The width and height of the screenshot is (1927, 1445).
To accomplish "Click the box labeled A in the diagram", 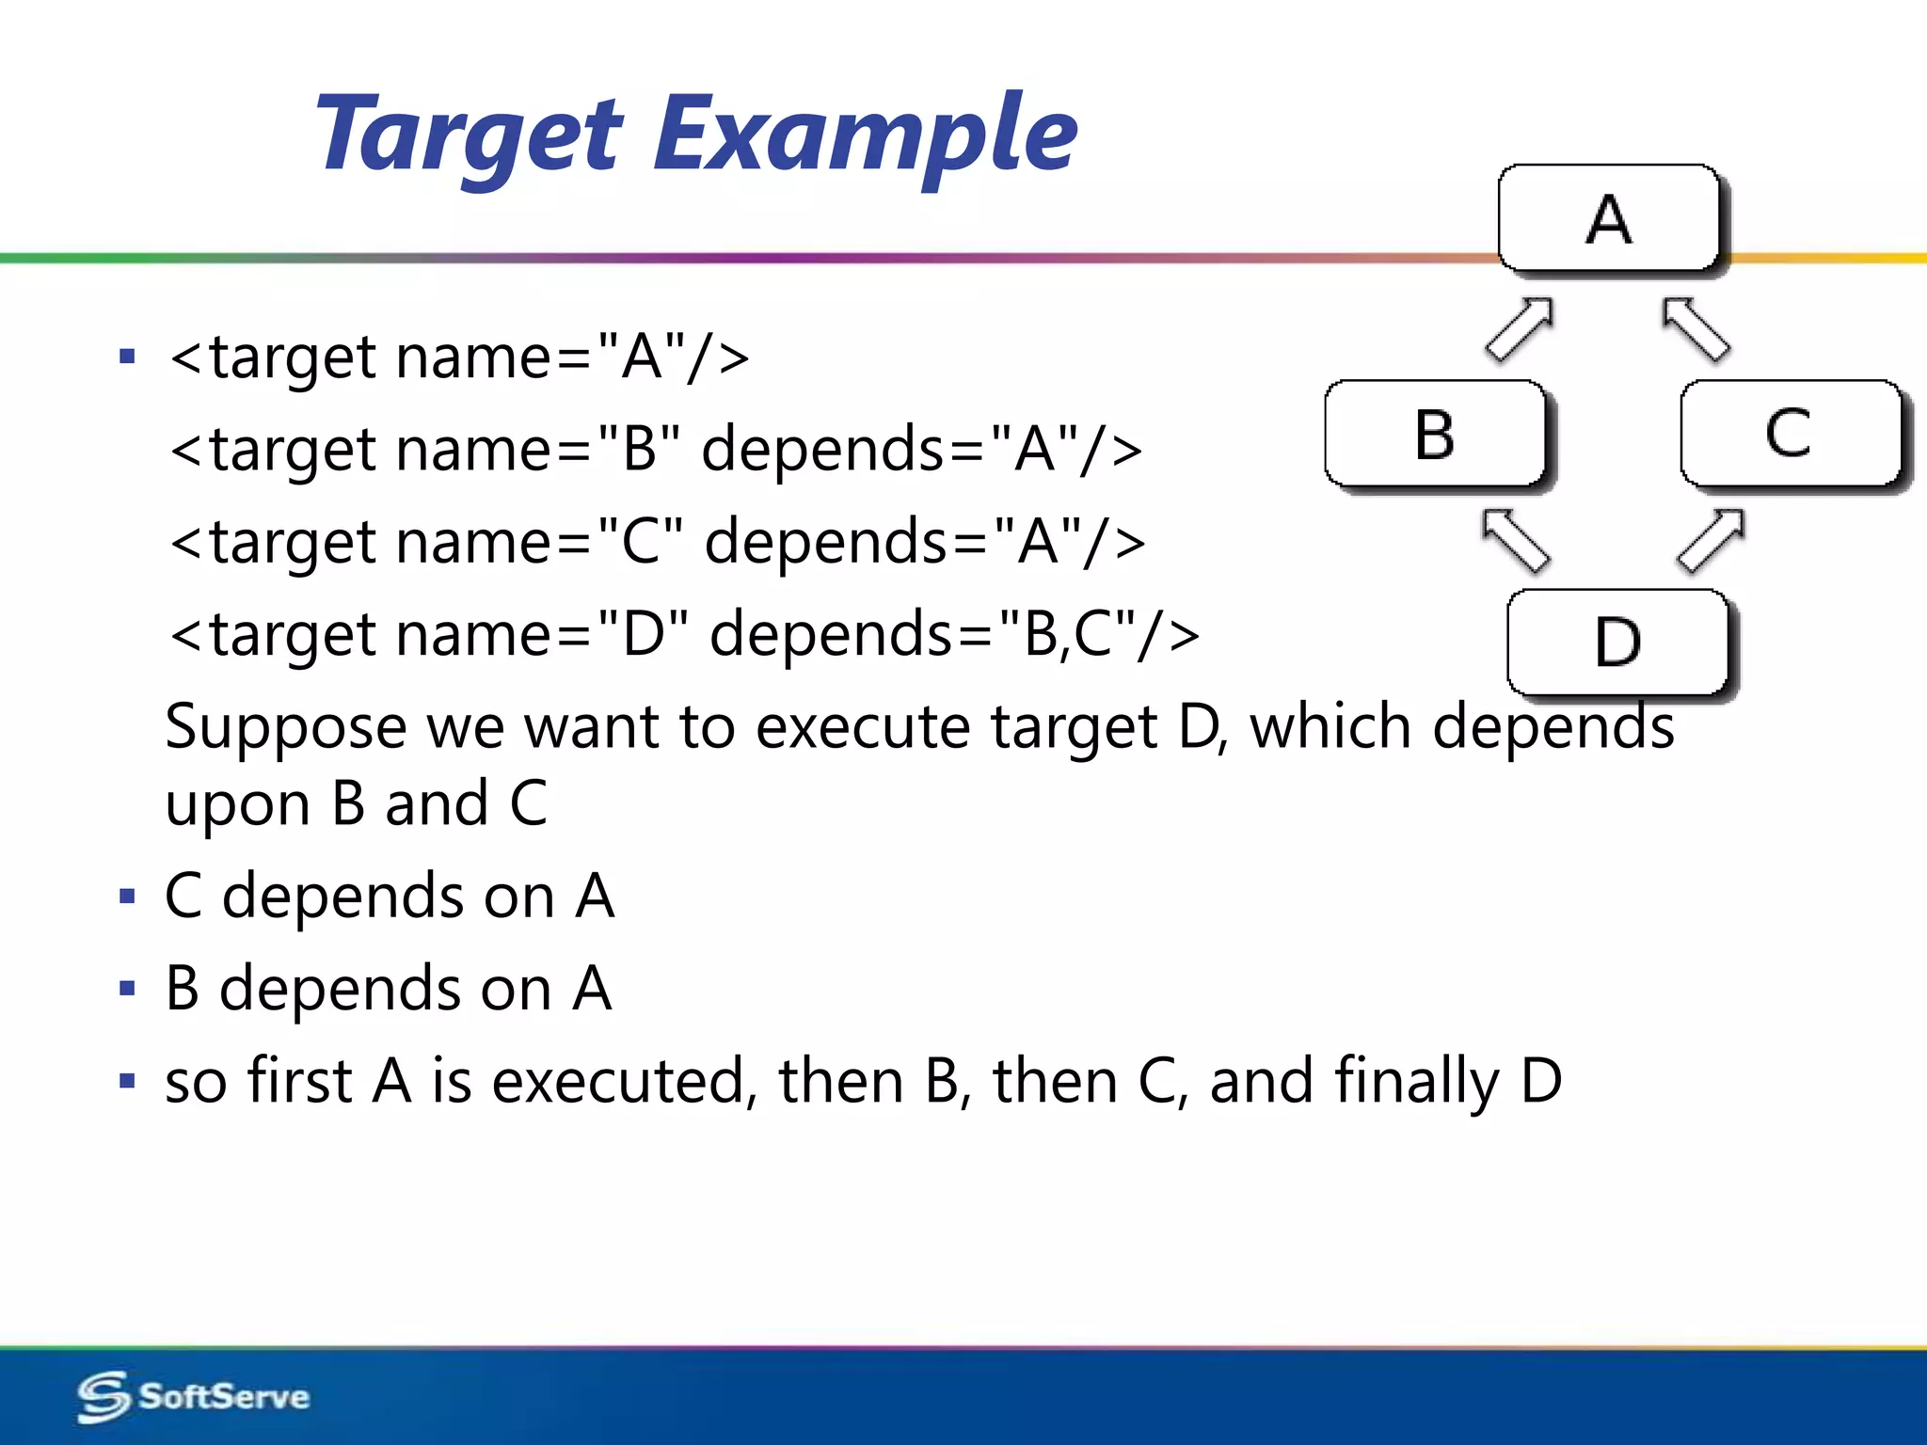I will pos(1609,218).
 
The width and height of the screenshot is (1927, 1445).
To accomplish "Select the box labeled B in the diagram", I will pos(1435,435).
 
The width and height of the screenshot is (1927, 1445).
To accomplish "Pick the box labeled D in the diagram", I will pos(1617,643).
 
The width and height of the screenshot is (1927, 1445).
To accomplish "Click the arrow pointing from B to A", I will pos(1519,329).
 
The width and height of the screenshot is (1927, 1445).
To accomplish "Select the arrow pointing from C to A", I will pos(1696,329).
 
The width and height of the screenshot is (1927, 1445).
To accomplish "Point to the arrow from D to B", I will pos(1515,540).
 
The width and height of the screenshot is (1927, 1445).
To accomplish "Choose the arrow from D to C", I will pos(1711,540).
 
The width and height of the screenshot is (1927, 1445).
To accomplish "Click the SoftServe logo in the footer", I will pos(194,1396).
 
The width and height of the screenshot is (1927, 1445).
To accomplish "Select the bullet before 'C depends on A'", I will pos(128,896).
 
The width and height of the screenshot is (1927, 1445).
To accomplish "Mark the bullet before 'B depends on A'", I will pos(128,989).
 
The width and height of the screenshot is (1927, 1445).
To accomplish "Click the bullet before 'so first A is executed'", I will pos(128,1081).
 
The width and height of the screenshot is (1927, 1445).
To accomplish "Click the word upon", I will pos(237,805).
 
